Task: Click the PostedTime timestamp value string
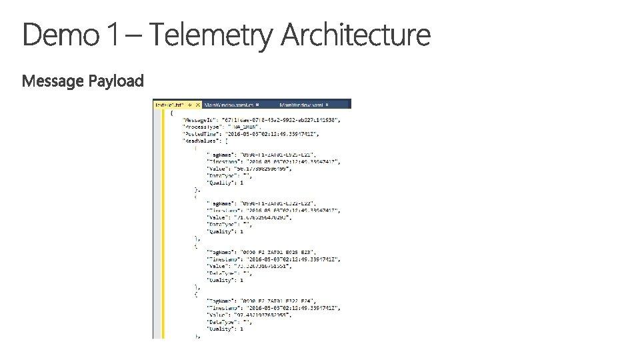[x=280, y=133]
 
